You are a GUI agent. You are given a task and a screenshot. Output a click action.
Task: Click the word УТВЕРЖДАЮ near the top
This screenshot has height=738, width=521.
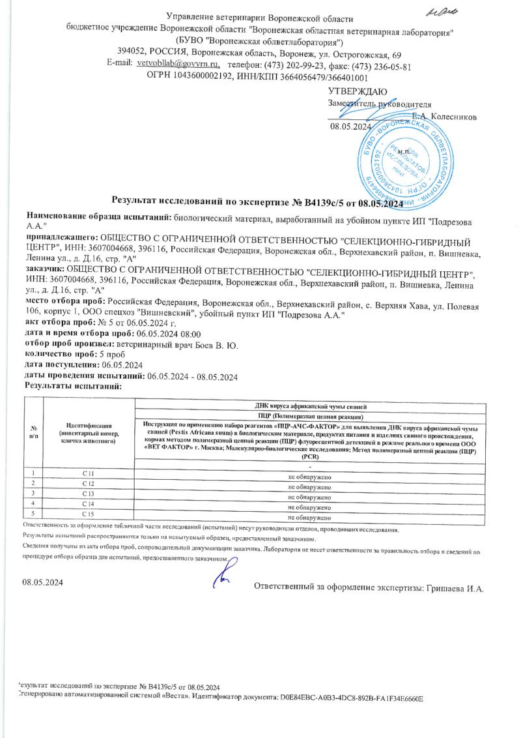358,91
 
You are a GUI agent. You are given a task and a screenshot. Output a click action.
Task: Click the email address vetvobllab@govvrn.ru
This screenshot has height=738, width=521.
177,65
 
